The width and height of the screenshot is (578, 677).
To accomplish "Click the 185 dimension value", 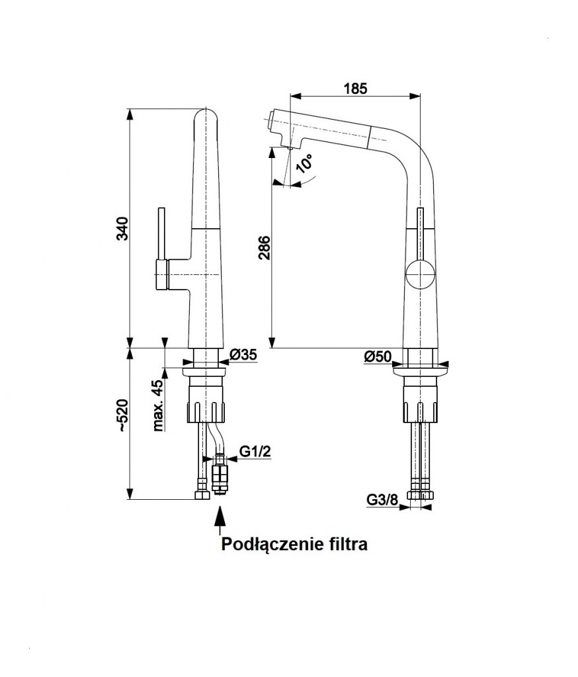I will point(355,89).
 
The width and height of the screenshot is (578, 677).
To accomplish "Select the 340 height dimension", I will point(122,228).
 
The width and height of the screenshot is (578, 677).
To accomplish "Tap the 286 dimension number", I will point(263,249).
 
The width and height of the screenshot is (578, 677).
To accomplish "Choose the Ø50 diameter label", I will point(378,357).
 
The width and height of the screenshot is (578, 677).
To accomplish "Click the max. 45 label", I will point(159,405).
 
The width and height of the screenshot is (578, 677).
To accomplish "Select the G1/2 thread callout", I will point(255,452).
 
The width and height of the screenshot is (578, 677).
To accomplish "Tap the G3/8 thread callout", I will point(382,500).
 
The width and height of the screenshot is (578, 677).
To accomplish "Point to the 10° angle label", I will point(306,163).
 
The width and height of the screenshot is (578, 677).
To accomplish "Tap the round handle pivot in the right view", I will point(420,274).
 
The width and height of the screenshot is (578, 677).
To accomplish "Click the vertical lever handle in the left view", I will point(161,238).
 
